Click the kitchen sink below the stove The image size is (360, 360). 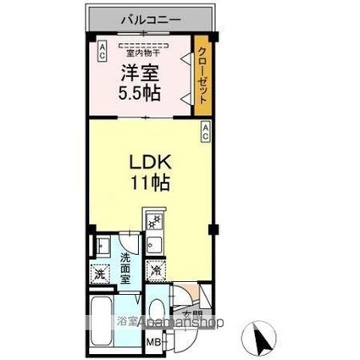(156, 246)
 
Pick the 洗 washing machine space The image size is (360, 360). (99, 274)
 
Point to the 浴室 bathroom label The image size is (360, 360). (128, 323)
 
